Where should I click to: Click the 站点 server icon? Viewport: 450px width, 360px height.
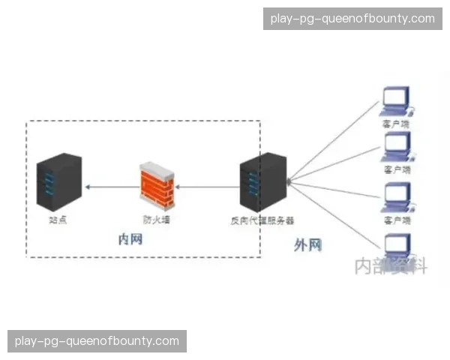pos(58,181)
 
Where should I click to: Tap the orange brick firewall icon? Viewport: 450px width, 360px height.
pos(157,186)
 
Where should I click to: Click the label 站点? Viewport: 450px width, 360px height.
pos(58,220)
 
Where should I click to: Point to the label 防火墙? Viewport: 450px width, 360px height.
pos(157,220)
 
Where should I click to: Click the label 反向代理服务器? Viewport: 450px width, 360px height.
pos(262,220)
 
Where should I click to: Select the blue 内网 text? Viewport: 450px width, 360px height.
pos(130,239)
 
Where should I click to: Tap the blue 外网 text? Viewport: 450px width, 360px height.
pos(307,244)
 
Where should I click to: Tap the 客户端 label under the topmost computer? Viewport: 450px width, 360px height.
pos(397,123)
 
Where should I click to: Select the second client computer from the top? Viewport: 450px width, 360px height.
pos(397,145)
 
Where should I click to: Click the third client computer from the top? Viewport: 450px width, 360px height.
pos(397,196)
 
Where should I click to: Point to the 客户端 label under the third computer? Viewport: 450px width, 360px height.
pos(397,220)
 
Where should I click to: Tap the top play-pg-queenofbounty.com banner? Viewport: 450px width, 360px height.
pos(352,19)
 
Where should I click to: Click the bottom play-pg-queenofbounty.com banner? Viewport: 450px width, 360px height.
pos(97,341)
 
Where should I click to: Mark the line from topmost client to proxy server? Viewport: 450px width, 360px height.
pos(334,142)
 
